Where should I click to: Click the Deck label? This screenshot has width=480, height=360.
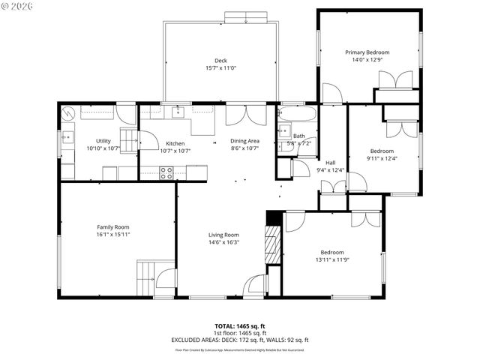pyautogui.click(x=220, y=61)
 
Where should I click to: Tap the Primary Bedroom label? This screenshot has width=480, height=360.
pyautogui.click(x=367, y=52)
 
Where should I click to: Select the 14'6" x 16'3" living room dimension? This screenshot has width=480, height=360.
pyautogui.click(x=223, y=242)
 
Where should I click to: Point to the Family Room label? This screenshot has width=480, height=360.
pyautogui.click(x=112, y=226)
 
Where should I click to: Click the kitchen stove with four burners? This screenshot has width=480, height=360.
pyautogui.click(x=167, y=172)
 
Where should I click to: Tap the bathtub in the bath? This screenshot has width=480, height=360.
pyautogui.click(x=298, y=116)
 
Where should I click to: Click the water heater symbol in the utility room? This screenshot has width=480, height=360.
pyautogui.click(x=68, y=114)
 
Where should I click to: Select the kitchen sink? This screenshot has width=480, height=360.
pyautogui.click(x=178, y=112)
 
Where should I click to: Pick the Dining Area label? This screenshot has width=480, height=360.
pyautogui.click(x=244, y=141)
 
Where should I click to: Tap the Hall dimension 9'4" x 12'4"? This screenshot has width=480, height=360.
pyautogui.click(x=330, y=170)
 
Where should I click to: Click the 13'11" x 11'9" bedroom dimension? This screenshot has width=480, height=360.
pyautogui.click(x=332, y=260)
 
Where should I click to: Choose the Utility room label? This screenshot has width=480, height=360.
pyautogui.click(x=103, y=141)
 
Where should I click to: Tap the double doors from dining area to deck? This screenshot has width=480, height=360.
pyautogui.click(x=245, y=115)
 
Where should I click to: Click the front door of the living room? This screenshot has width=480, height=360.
pyautogui.click(x=256, y=285)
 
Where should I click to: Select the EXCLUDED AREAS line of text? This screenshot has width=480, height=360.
pyautogui.click(x=240, y=340)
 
